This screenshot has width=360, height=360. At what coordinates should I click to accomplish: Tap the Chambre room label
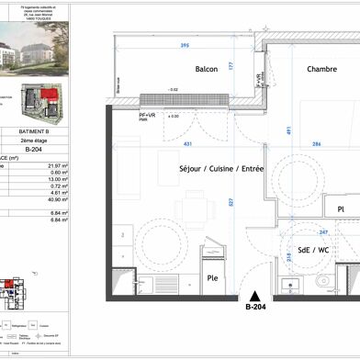(x=321, y=69)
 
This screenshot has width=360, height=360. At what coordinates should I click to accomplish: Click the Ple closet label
(x=210, y=279)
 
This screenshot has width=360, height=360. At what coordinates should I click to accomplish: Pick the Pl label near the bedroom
(x=314, y=208)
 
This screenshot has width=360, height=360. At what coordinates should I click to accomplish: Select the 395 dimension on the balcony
(x=183, y=45)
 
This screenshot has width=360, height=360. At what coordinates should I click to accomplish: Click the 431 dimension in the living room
(x=187, y=143)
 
